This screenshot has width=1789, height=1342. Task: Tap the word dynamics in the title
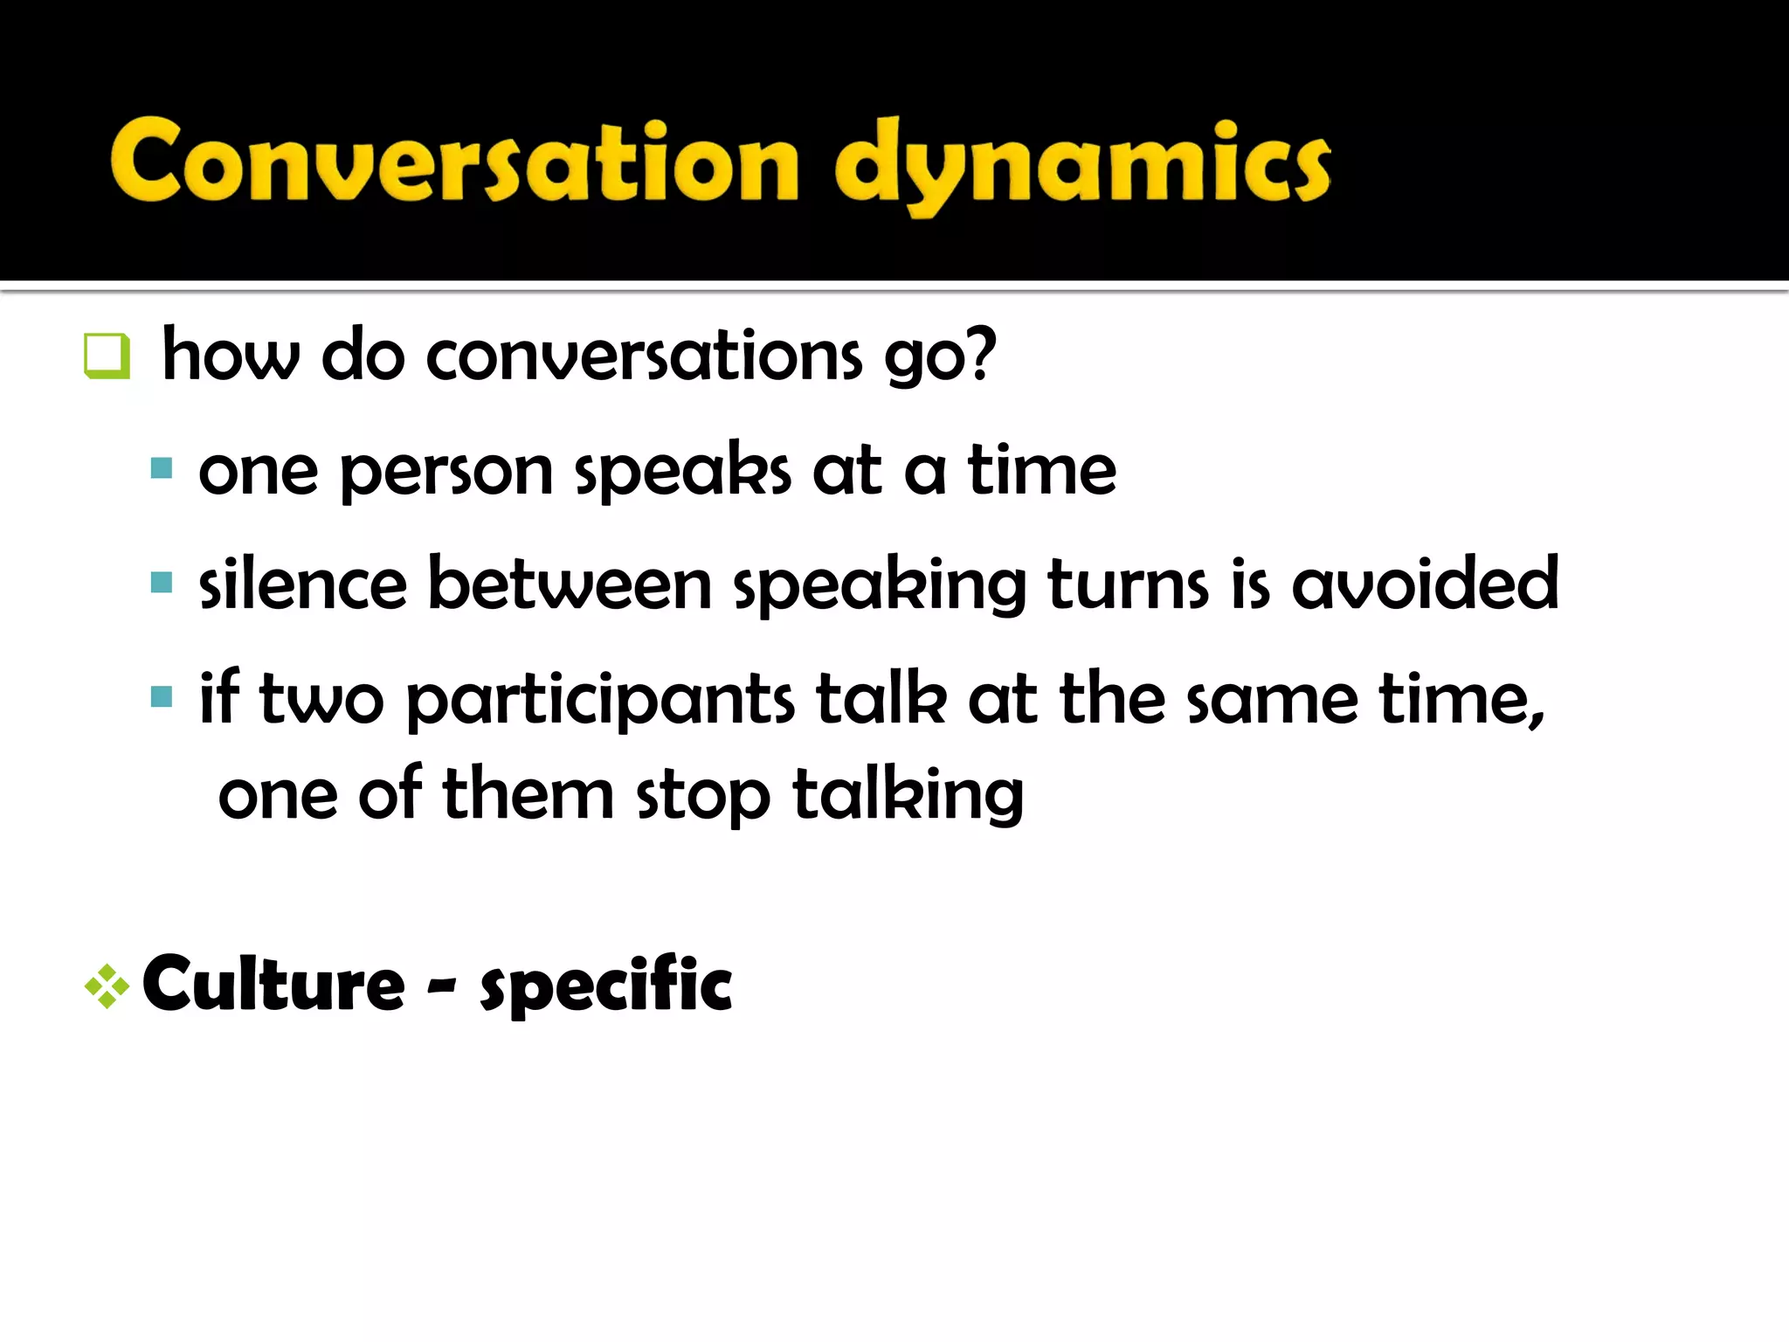(1081, 166)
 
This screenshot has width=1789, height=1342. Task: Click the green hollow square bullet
(107, 356)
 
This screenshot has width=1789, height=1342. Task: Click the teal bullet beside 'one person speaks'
(162, 469)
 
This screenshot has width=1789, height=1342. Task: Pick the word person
(446, 473)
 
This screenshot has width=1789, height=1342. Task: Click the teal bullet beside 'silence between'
(162, 583)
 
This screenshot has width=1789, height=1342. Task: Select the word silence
(302, 584)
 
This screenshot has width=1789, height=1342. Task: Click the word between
(570, 584)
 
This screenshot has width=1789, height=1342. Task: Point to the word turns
(1128, 584)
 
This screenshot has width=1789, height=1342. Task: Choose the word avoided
(1425, 584)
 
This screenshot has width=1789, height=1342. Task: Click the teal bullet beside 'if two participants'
(162, 696)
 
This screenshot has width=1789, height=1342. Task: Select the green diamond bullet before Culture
(107, 986)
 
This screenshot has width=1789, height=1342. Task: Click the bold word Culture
(273, 985)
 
